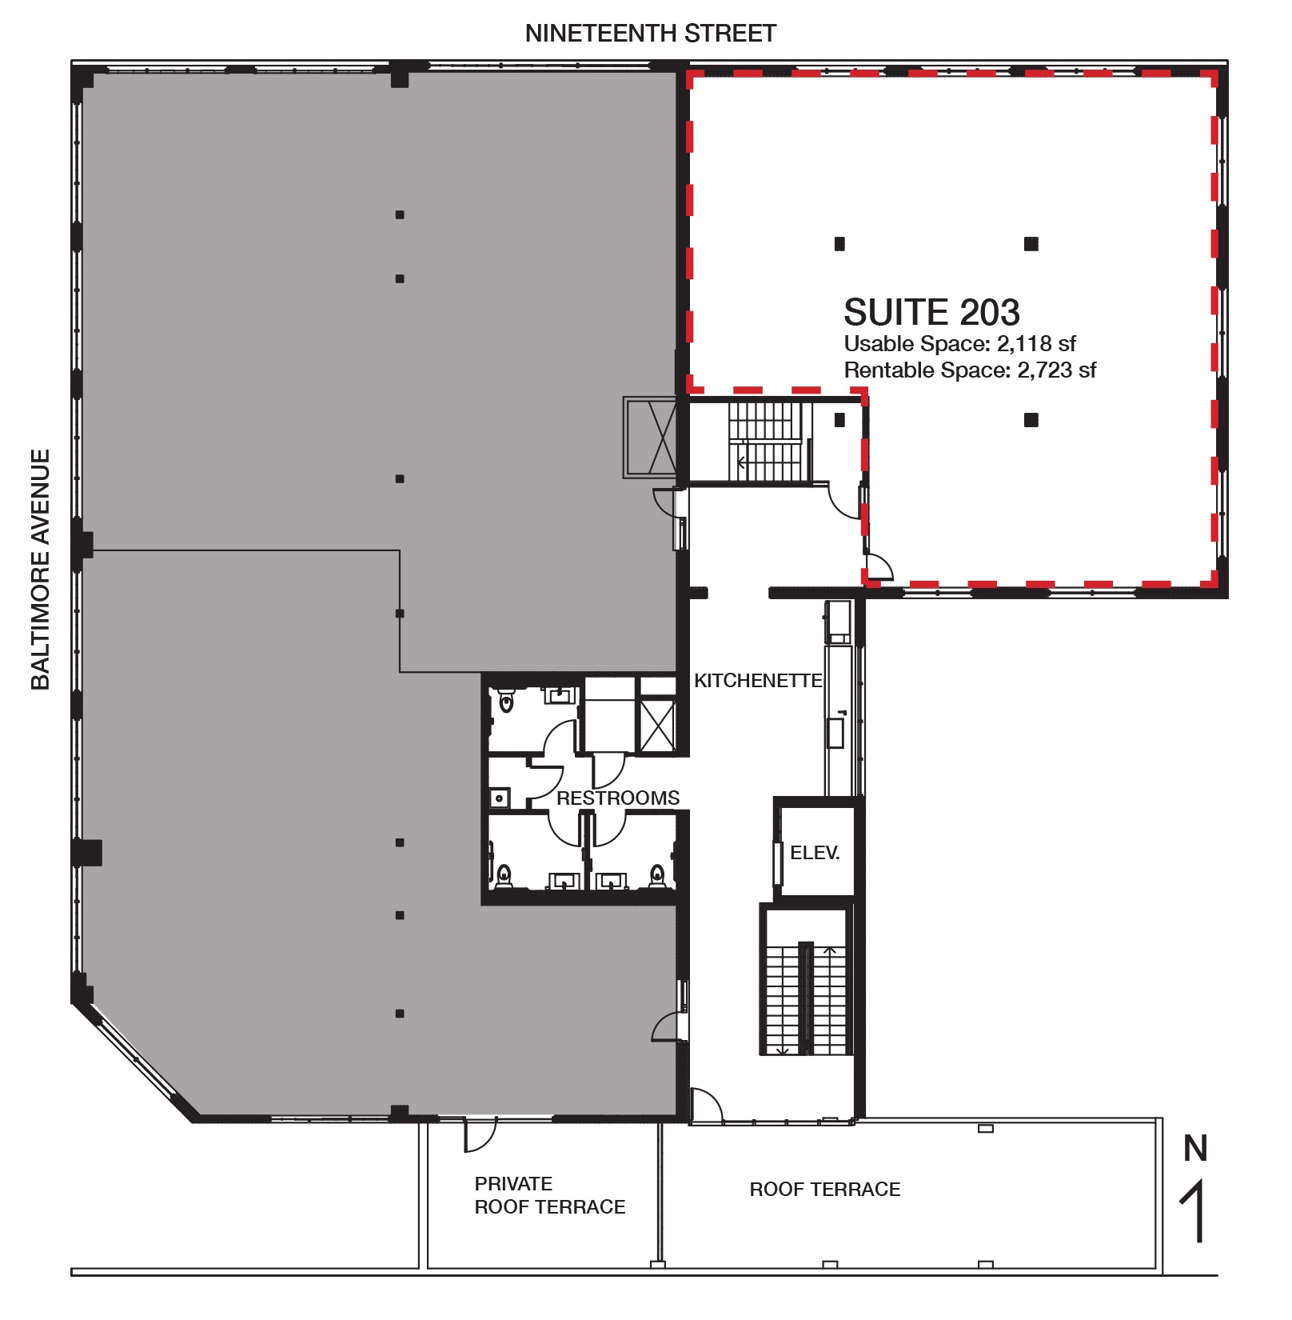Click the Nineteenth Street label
[x=650, y=34]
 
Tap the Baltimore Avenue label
[x=40, y=569]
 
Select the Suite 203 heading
[x=931, y=312]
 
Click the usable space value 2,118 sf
[x=1036, y=344]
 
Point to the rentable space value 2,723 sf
[x=1056, y=370]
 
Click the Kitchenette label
[x=757, y=681]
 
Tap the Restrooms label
[x=617, y=798]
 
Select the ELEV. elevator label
[x=815, y=853]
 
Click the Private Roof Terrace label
[x=549, y=1195]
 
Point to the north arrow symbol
[x=1194, y=1213]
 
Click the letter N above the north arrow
[x=1195, y=1149]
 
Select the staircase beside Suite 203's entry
[x=764, y=442]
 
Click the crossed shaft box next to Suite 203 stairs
[x=650, y=438]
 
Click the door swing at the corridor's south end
[x=705, y=1106]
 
